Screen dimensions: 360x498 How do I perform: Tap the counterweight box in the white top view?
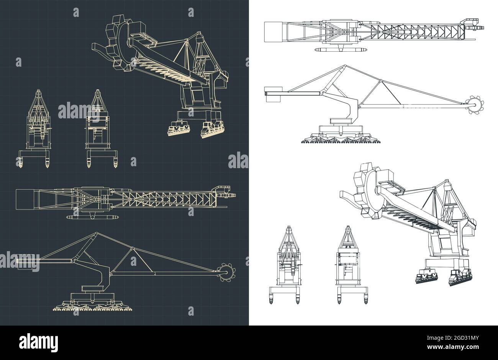273,31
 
